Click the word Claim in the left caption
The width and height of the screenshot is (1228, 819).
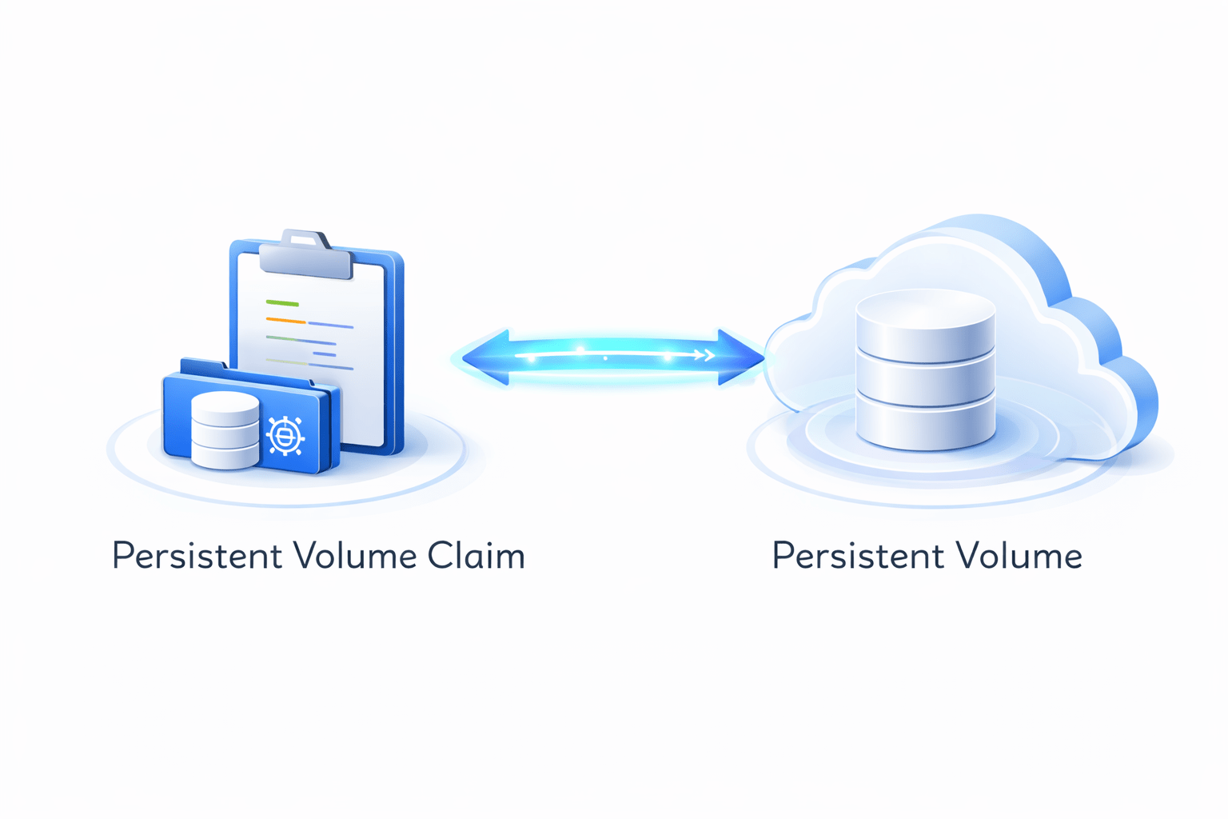[x=476, y=556]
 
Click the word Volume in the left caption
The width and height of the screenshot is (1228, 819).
[x=355, y=556]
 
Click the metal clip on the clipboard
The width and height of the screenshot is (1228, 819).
[x=305, y=254]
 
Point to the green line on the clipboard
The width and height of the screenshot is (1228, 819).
[x=282, y=304]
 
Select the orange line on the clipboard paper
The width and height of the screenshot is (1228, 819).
[x=285, y=320]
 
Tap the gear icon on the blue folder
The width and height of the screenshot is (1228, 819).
[x=285, y=436]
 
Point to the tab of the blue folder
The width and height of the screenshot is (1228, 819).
[x=204, y=367]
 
